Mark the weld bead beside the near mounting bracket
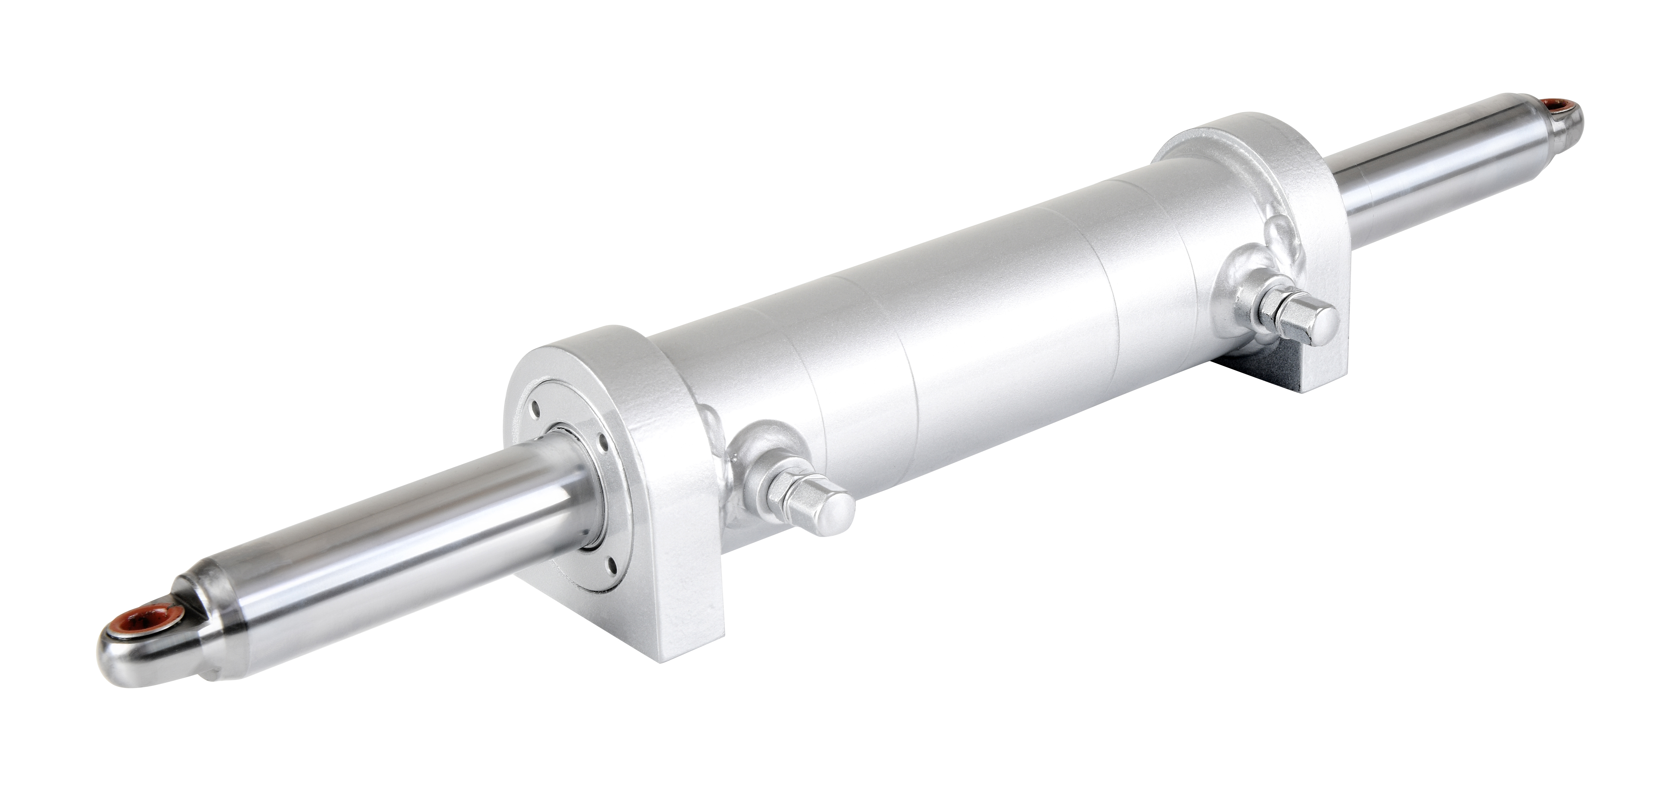pos(713,430)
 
